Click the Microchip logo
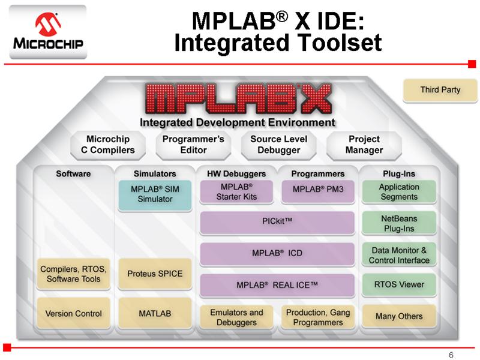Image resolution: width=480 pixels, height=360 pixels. (x=48, y=32)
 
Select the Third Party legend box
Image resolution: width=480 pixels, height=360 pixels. (x=440, y=90)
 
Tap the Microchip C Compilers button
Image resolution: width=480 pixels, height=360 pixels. (x=108, y=145)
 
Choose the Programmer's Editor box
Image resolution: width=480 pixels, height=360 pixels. (x=193, y=145)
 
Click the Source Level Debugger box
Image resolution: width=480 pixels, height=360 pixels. (x=278, y=145)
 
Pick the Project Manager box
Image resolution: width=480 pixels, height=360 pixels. (x=364, y=145)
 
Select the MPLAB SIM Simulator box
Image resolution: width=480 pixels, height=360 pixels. (x=155, y=195)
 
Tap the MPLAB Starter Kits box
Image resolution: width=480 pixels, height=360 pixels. (x=236, y=192)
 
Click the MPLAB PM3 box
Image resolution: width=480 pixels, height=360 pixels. (x=318, y=192)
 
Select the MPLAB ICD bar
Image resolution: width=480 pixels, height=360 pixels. (x=277, y=254)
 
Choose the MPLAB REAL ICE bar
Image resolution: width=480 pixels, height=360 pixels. (x=277, y=286)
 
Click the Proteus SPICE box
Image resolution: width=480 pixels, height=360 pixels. (x=155, y=274)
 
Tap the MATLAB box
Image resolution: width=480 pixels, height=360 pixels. (x=155, y=313)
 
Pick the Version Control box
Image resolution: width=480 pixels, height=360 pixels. (x=73, y=313)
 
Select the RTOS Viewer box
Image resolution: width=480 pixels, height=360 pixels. (x=399, y=284)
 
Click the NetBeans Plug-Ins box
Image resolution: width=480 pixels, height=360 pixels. (x=399, y=223)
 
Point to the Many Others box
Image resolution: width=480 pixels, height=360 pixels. (x=399, y=316)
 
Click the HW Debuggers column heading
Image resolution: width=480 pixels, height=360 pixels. (x=236, y=174)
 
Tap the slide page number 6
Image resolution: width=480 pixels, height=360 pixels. (x=451, y=355)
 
